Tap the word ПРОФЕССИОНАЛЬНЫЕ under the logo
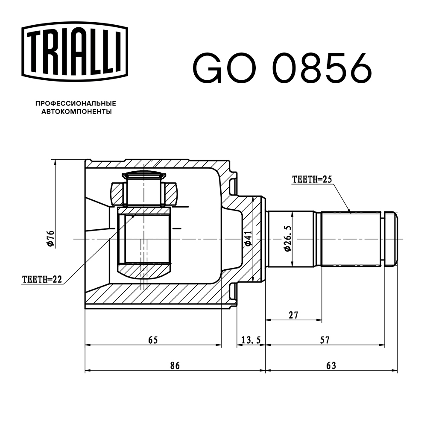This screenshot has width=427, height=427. pos(76,103)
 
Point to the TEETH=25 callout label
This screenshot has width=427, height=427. pos(312,180)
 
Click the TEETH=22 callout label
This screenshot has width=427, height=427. pos(42,279)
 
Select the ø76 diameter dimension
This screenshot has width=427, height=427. pos(50,238)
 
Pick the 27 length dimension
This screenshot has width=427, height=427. pos(293,315)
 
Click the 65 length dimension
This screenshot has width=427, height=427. pos(153,340)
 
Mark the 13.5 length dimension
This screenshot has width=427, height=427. pos(251,340)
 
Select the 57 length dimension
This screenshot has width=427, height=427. pos(325,340)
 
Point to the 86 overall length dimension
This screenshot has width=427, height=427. pos(175,366)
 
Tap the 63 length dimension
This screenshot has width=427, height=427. pos(331,366)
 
